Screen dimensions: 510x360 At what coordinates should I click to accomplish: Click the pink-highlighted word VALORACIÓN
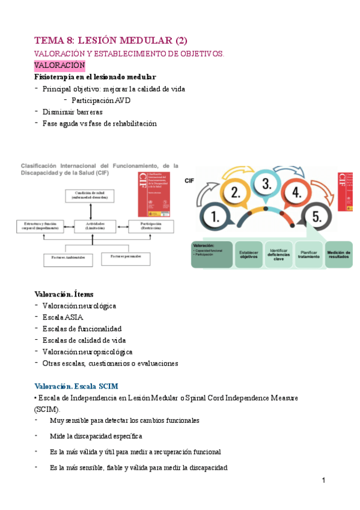59,65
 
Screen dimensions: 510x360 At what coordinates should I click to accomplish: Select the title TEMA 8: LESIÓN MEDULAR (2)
111,40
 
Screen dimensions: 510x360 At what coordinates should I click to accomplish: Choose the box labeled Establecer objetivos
249,254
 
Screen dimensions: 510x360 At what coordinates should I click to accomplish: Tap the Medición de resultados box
340,254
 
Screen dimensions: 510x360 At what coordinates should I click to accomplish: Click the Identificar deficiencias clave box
279,254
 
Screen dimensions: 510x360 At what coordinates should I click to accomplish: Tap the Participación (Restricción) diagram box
151,227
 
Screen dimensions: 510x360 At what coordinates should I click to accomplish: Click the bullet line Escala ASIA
63,317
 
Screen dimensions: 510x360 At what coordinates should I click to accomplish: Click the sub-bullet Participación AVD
100,100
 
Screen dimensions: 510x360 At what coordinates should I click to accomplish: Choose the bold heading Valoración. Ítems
64,294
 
